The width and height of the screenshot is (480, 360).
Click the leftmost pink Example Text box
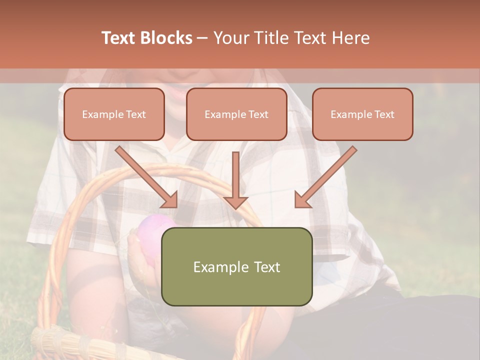[114, 114]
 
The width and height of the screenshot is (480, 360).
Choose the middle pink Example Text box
[236, 114]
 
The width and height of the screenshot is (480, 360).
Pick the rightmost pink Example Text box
[362, 114]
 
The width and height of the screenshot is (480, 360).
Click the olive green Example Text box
[237, 266]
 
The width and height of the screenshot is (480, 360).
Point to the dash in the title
[203, 38]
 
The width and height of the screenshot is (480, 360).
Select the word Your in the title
[230, 38]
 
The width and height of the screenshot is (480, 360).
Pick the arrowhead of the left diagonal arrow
[170, 200]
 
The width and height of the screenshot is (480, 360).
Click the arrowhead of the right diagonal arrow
[302, 200]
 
